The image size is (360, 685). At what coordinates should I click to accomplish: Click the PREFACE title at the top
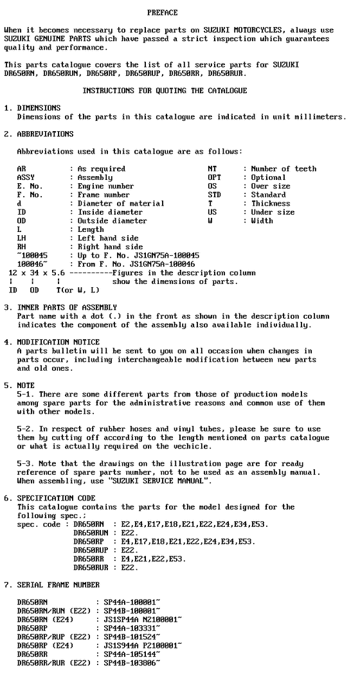[162, 13]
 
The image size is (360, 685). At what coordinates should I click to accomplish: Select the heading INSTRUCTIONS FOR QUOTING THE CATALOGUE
[165, 91]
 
